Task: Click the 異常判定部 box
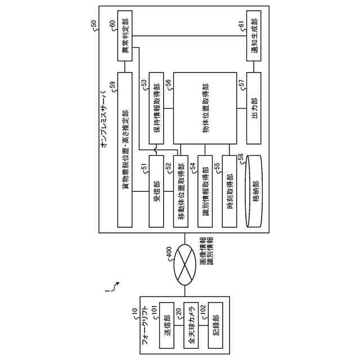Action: (124, 35)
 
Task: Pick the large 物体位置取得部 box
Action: (206, 109)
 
